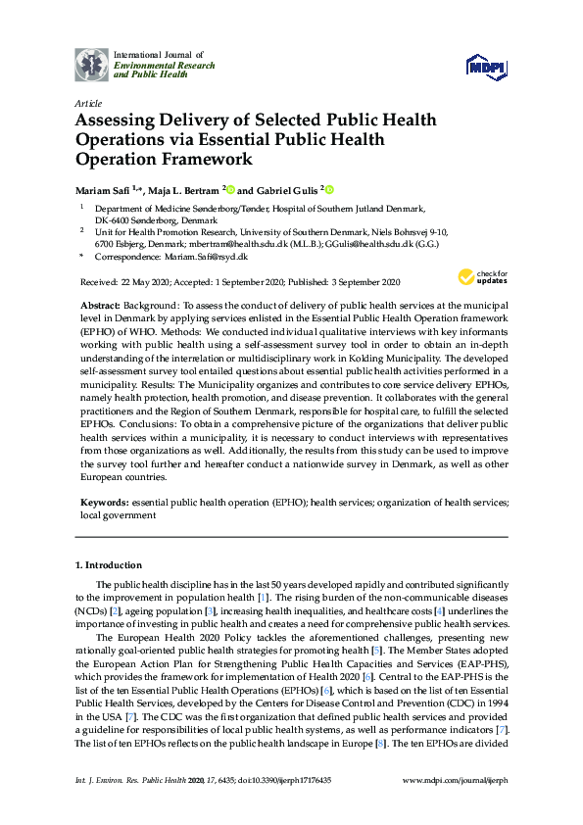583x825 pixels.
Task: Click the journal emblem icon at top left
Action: pyautogui.click(x=91, y=64)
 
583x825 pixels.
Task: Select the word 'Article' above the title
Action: pyautogui.click(x=85, y=103)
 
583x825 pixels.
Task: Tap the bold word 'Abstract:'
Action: pyautogui.click(x=100, y=307)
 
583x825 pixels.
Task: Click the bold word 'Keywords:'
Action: pyautogui.click(x=103, y=501)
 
